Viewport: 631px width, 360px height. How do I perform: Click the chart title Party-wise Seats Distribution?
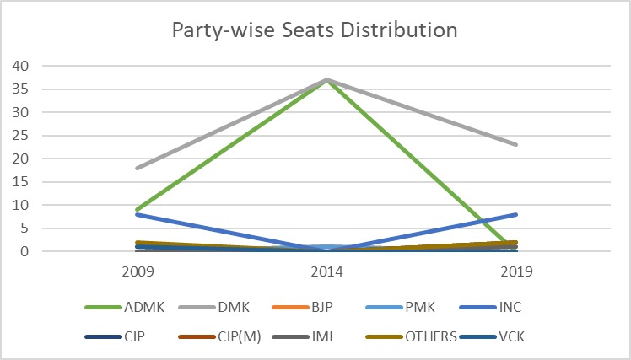click(x=315, y=30)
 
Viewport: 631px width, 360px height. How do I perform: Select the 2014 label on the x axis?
click(x=326, y=272)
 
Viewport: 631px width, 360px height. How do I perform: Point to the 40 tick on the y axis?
click(x=20, y=66)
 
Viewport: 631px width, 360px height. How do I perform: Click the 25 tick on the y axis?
click(x=20, y=136)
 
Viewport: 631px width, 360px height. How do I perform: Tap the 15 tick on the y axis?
click(x=20, y=182)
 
